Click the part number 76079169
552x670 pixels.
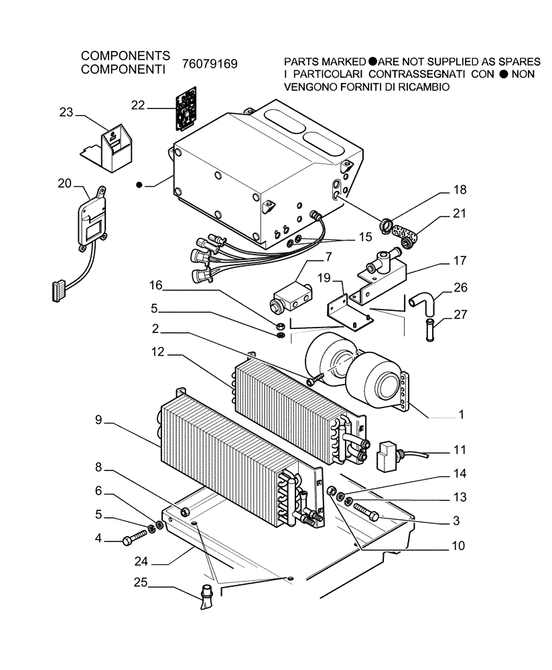click(x=210, y=64)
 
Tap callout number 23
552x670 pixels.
click(x=66, y=113)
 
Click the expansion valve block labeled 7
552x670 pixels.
click(x=289, y=295)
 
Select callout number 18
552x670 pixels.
click(x=459, y=190)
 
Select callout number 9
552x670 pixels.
click(x=98, y=421)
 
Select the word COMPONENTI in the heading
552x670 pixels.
click(x=123, y=69)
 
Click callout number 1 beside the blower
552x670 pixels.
click(x=461, y=415)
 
